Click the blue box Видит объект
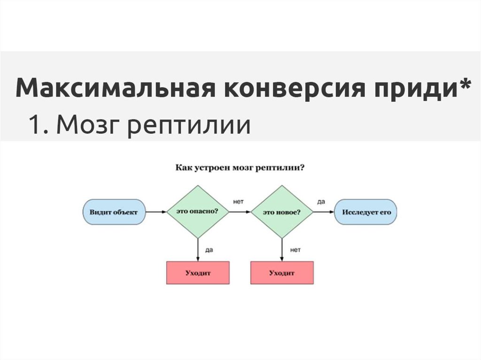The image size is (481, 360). click(114, 212)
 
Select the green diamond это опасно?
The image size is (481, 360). click(198, 212)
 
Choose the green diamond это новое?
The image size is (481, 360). click(282, 212)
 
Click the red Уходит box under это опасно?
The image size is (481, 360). click(198, 273)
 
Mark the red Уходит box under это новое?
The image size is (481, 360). click(282, 273)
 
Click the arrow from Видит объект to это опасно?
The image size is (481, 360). click(156, 212)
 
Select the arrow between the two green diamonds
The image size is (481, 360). click(240, 212)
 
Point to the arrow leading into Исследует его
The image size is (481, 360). click(324, 212)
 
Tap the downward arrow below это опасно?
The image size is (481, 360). click(198, 249)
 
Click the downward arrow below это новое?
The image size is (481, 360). click(282, 249)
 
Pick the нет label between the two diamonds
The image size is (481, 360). click(238, 202)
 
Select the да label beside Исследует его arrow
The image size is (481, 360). click(321, 202)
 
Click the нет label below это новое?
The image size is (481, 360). click(295, 250)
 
